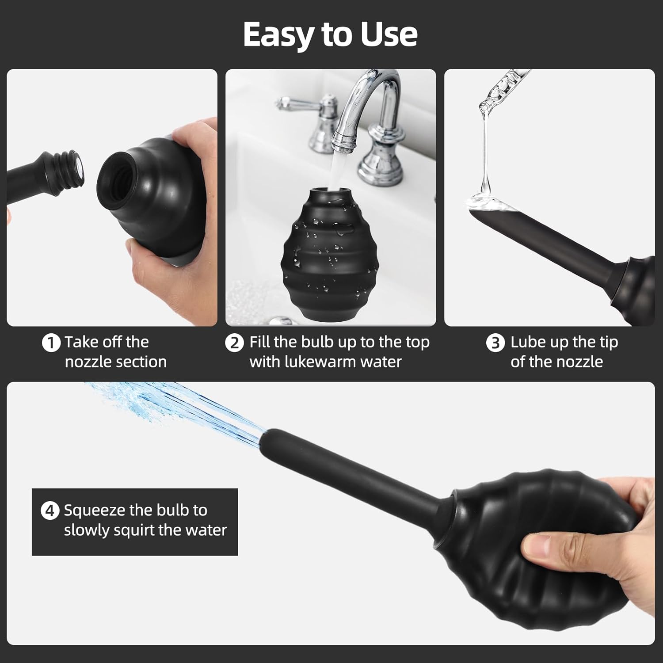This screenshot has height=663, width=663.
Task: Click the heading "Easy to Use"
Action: (x=330, y=34)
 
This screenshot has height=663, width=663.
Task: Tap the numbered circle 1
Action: (x=51, y=343)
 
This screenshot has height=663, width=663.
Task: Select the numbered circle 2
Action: (x=234, y=343)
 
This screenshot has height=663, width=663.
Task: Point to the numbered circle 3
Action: (x=495, y=343)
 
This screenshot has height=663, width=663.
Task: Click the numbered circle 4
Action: (x=50, y=511)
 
